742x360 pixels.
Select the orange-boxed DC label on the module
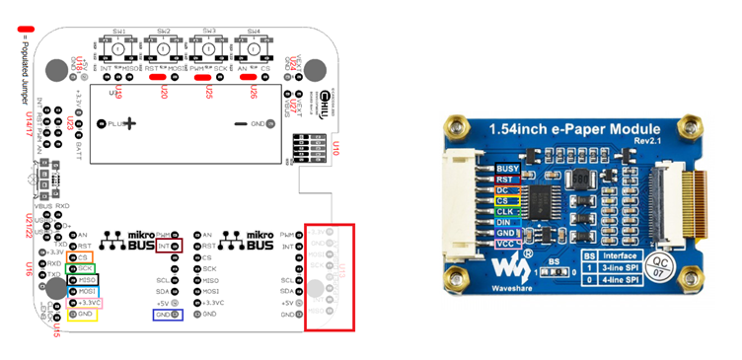pyautogui.click(x=504, y=189)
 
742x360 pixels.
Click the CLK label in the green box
pyautogui.click(x=504, y=211)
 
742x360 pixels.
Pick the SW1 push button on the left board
pyautogui.click(x=116, y=49)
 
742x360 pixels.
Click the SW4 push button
pyautogui.click(x=255, y=49)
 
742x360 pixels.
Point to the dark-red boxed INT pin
pyautogui.click(x=171, y=245)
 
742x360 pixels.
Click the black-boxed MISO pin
pyautogui.click(x=83, y=281)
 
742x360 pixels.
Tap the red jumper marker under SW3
pyautogui.click(x=203, y=77)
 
